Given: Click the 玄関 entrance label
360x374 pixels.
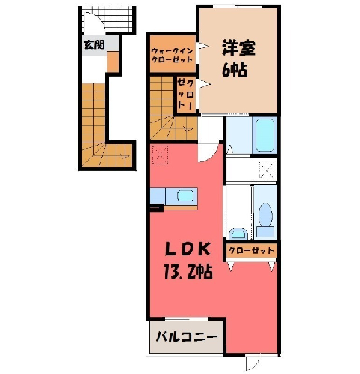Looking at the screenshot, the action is pos(94,45).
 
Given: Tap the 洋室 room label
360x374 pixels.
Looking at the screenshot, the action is pos(238,48).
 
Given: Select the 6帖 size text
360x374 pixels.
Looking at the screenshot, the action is pos(235,69).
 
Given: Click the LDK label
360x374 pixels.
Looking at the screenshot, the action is pos(187,249).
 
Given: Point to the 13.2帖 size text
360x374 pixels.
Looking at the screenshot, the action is pos(187,271).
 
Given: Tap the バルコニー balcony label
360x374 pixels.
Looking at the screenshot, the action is pos(187,336).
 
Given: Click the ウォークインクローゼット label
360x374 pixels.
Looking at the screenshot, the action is pos(172,56).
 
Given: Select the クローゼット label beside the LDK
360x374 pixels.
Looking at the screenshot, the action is pos(251,250).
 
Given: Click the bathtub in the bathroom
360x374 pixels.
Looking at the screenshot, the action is pos(265,135).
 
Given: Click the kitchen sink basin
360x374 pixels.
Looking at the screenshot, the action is pos(185,195).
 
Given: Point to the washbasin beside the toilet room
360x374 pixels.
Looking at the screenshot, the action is pos(238,234).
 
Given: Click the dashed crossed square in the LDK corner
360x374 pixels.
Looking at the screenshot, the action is pos(160,155).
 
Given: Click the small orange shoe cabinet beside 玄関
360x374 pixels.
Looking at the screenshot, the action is pos(112,62).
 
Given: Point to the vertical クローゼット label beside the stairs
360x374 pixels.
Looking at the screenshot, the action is pos(185,95).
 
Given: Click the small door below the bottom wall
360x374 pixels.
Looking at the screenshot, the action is pos(253,363).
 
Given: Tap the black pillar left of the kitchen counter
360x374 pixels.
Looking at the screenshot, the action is pos(156,207).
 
